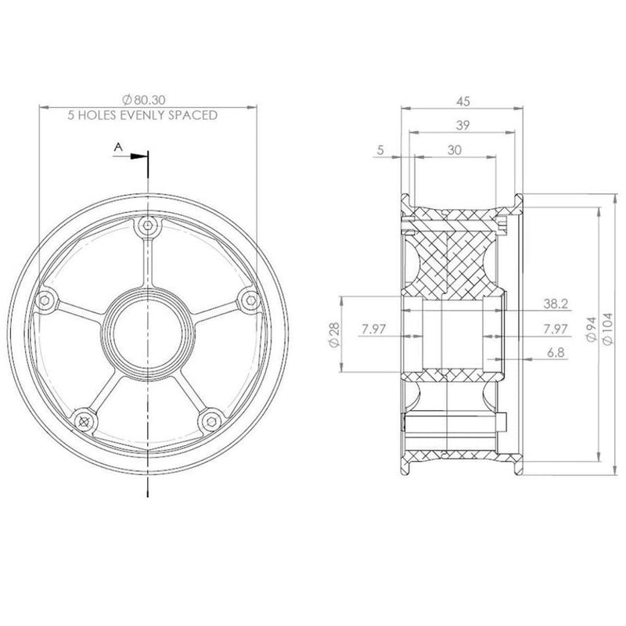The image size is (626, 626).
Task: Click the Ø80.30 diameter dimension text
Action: (x=145, y=100)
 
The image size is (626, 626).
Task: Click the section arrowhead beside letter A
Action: (x=140, y=156)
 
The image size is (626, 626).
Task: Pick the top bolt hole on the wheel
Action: (x=147, y=226)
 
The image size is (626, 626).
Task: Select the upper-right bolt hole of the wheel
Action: (x=248, y=299)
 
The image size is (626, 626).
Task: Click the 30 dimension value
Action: (x=453, y=150)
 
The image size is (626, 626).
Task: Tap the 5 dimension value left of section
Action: (x=380, y=150)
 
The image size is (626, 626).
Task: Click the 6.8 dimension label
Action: (x=557, y=353)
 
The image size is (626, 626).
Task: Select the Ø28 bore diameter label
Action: (x=334, y=336)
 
